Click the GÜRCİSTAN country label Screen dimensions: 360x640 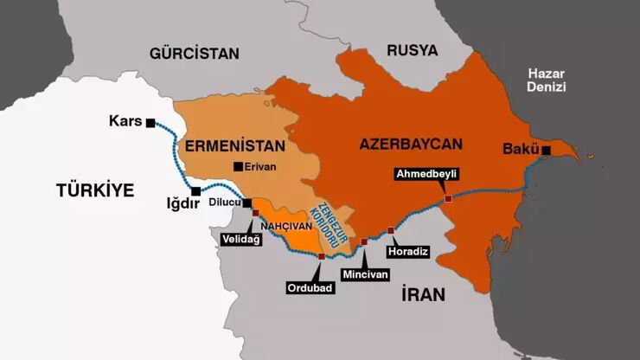(x=194, y=53)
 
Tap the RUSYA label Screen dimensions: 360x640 (x=412, y=49)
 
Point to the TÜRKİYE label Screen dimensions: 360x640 (x=95, y=190)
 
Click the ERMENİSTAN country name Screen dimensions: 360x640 (x=229, y=142)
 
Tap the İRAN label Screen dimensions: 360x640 (x=423, y=294)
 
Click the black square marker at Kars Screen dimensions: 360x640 (x=150, y=123)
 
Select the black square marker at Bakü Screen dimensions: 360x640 (x=546, y=151)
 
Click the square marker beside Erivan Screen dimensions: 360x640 (x=237, y=166)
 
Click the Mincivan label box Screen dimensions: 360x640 (x=365, y=273)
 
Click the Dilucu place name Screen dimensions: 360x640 (x=226, y=203)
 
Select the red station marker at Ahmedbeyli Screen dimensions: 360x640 (x=448, y=199)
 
